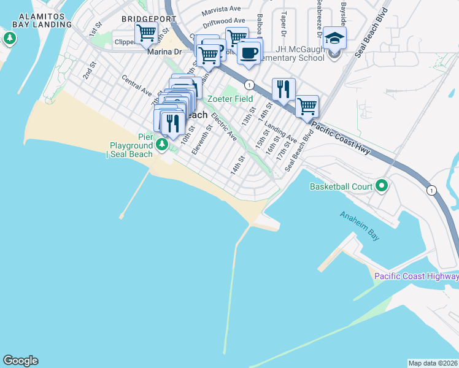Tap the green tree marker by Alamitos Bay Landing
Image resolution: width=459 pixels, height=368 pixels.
[x=9, y=39]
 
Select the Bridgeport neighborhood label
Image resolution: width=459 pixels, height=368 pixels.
[x=145, y=19]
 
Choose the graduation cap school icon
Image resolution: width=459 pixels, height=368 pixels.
[x=334, y=39]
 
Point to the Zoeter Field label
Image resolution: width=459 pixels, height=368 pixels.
[x=230, y=99]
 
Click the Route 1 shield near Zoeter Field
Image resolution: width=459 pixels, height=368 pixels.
[x=249, y=84]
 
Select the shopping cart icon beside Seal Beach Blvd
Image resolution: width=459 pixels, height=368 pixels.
[x=307, y=105]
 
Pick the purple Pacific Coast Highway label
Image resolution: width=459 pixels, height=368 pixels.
[x=417, y=277]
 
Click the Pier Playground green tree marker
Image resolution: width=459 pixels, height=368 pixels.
[x=162, y=145]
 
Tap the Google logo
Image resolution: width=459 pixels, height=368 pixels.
[x=20, y=361]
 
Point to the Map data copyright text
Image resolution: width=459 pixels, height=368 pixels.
[x=433, y=362]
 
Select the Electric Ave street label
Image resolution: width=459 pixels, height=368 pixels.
[x=224, y=126]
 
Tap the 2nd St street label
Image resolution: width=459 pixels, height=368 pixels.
[x=88, y=74]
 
